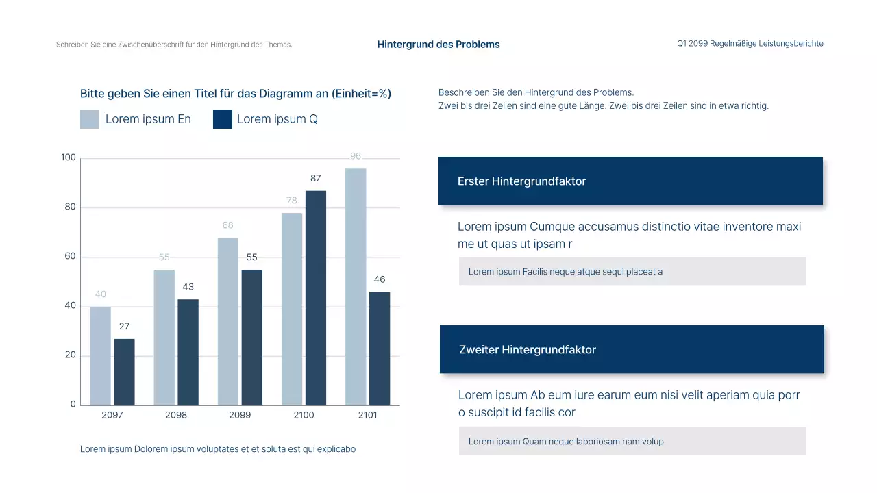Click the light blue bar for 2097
(x=100, y=355)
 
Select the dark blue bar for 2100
(x=315, y=298)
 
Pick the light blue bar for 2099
(x=228, y=321)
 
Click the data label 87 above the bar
(x=315, y=178)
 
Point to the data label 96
(x=356, y=156)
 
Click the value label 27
(x=124, y=327)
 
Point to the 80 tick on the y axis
(x=70, y=207)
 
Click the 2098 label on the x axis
(x=176, y=415)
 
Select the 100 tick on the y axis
(x=69, y=157)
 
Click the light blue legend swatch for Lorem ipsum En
(x=90, y=119)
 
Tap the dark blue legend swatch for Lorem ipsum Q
(x=223, y=119)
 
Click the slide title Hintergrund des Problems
(x=438, y=45)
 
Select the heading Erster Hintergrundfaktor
(x=521, y=181)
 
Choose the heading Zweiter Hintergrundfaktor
(x=527, y=350)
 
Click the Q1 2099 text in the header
(x=692, y=44)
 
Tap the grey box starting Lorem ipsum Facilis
(x=632, y=271)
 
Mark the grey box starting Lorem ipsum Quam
(x=632, y=441)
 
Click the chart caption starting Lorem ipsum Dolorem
(x=218, y=449)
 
